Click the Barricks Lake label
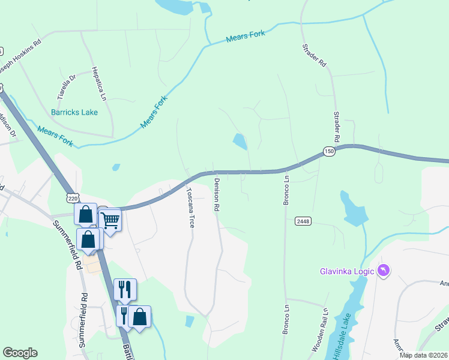click(x=74, y=112)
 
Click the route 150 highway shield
click(x=328, y=152)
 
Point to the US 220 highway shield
click(x=72, y=198)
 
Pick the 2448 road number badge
click(x=303, y=221)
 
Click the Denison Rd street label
click(x=216, y=194)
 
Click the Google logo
click(x=20, y=353)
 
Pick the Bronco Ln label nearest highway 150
click(x=286, y=188)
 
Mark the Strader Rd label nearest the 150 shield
click(x=337, y=127)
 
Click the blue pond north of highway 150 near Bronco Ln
click(x=240, y=142)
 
